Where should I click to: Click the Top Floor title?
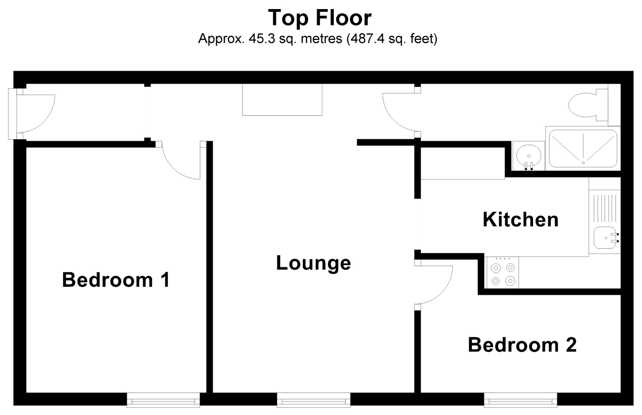click(x=320, y=18)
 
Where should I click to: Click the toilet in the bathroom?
click(x=585, y=105)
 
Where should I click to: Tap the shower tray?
click(x=583, y=149)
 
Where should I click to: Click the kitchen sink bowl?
click(x=604, y=238)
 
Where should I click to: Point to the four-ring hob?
click(x=503, y=273)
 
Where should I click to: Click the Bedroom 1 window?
click(x=163, y=400)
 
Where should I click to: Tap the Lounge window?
click(x=313, y=400)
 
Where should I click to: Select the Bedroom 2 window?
click(x=520, y=400)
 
